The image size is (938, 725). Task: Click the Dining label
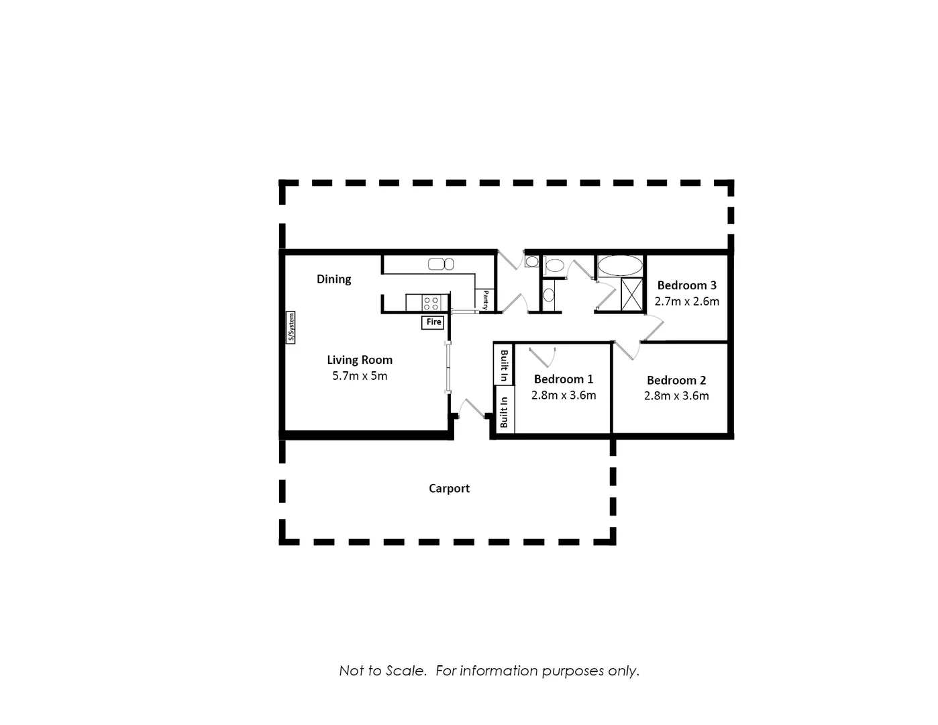[x=333, y=279]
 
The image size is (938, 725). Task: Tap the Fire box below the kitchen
[x=433, y=322]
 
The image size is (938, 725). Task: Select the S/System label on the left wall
[x=291, y=328]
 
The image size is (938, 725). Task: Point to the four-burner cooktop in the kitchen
[x=431, y=303]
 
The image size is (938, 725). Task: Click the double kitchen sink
[x=441, y=264]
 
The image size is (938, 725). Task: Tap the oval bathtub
[x=620, y=265]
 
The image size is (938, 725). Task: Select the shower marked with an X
[x=631, y=294]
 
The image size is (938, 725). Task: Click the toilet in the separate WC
[x=554, y=266]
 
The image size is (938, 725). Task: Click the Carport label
[x=449, y=489]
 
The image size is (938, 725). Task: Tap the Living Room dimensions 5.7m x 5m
[x=360, y=376]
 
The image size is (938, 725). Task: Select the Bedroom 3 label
[x=686, y=285]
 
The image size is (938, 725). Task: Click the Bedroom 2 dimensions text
[x=676, y=396]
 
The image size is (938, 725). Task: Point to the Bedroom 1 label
[x=563, y=379]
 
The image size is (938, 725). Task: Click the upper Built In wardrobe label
[x=504, y=364]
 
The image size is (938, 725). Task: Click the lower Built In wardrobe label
[x=504, y=411]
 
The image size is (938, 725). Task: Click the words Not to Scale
[x=382, y=671]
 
